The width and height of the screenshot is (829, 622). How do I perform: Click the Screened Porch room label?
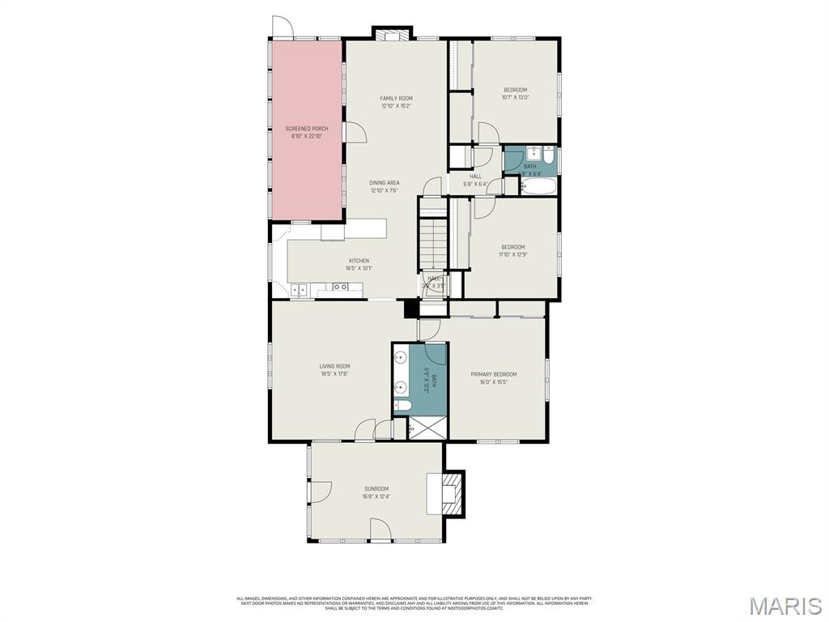tap(307, 129)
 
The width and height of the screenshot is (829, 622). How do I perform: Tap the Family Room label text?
tap(396, 99)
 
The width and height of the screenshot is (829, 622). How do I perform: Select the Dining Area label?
tap(385, 183)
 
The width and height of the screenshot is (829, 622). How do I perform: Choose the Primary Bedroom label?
tap(494, 374)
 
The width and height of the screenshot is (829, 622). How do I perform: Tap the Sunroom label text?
tap(376, 488)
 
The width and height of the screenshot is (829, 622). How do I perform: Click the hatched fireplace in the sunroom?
tap(452, 492)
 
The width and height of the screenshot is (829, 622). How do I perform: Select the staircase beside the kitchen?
tap(432, 243)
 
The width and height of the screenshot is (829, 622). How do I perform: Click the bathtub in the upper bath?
tap(538, 187)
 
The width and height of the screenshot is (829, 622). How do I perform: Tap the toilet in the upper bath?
tap(548, 156)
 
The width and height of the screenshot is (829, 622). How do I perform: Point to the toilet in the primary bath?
tap(402, 406)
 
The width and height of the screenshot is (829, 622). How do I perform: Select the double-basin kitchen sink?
tap(300, 288)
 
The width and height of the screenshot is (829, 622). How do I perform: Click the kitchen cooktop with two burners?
tap(341, 287)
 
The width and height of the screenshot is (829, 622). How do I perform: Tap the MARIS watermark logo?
tap(784, 605)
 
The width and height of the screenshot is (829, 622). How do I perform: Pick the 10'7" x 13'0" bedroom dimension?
tap(515, 98)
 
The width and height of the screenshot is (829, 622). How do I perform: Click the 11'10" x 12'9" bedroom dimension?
tap(512, 255)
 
